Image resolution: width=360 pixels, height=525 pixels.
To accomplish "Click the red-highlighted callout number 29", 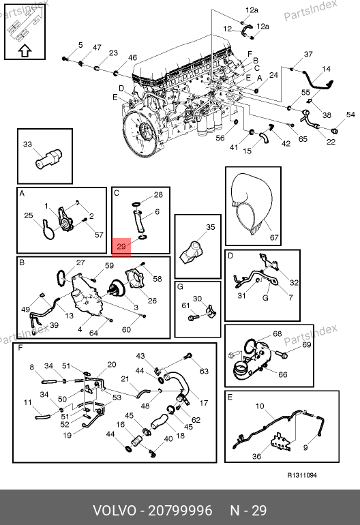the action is [x=121, y=247].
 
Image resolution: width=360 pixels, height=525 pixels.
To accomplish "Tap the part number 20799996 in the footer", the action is [x=180, y=511].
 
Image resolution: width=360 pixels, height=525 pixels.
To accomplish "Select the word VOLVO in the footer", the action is [x=114, y=511].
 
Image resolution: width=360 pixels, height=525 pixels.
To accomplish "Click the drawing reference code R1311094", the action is [x=302, y=475].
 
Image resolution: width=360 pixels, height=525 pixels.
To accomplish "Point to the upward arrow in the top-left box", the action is [x=25, y=51].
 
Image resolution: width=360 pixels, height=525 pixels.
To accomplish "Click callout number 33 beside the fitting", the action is [x=27, y=144].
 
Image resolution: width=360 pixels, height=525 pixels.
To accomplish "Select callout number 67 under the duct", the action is [x=274, y=237].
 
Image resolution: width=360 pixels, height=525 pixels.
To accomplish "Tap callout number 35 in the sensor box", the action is [x=210, y=227].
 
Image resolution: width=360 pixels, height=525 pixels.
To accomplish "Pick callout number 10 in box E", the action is [x=260, y=406].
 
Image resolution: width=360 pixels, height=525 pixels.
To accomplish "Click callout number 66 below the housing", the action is [x=283, y=374].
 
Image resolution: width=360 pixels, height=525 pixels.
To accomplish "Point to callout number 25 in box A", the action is [x=29, y=215].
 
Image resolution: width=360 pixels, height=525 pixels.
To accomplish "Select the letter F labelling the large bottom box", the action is [x=20, y=348].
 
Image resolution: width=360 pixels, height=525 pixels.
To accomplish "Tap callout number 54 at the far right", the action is [x=350, y=115].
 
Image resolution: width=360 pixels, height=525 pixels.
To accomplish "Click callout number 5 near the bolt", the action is [x=80, y=45].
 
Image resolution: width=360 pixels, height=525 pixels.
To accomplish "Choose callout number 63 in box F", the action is [x=204, y=371].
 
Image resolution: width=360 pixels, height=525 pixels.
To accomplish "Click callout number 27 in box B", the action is [x=80, y=262].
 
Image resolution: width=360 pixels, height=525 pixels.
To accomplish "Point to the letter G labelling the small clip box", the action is [x=180, y=286].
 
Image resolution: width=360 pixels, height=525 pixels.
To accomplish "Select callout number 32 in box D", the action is [x=294, y=282].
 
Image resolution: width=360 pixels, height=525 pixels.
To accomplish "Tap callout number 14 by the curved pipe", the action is [x=326, y=69].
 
